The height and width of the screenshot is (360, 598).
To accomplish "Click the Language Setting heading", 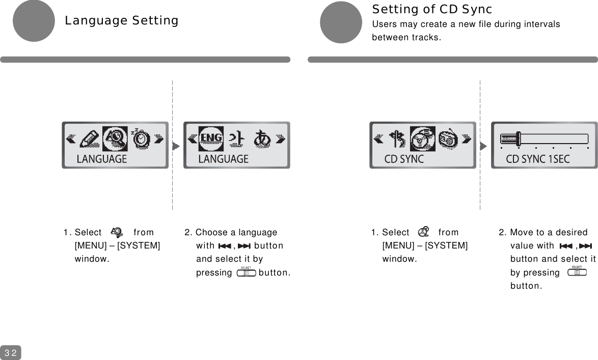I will pos(121,21).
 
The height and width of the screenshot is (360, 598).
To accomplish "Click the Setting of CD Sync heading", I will pos(432,9).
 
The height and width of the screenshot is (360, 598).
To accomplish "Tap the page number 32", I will pos(11,352).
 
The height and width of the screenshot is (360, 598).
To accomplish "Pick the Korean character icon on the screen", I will pos(235,139).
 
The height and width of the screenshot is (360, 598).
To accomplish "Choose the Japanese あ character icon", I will pos(263,139).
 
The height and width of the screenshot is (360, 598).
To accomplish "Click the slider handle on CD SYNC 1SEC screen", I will pos(518,139).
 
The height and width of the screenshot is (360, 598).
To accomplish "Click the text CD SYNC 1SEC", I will pos(537,159).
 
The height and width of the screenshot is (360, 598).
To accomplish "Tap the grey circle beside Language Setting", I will pos(34,21).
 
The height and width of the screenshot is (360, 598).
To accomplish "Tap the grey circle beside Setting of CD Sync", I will pos(341,22).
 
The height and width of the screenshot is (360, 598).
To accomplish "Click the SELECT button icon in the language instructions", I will pos(247,272).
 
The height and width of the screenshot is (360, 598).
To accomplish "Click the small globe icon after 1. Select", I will pos(117,232).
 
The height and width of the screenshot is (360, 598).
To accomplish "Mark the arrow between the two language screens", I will pos(176,146).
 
